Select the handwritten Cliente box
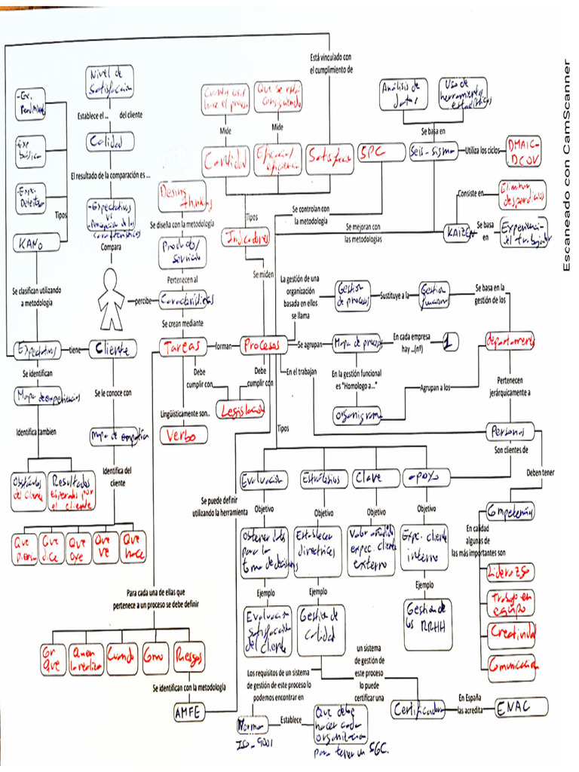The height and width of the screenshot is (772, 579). coord(114,348)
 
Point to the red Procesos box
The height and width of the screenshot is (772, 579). coord(261,346)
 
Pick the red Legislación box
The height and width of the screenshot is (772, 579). coord(240,409)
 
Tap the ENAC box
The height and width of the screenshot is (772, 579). coord(520,708)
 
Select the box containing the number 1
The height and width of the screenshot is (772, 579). coord(449,342)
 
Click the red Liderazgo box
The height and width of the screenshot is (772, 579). coord(509,570)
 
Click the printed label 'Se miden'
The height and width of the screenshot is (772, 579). coord(263,274)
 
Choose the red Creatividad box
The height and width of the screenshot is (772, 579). coord(511,631)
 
